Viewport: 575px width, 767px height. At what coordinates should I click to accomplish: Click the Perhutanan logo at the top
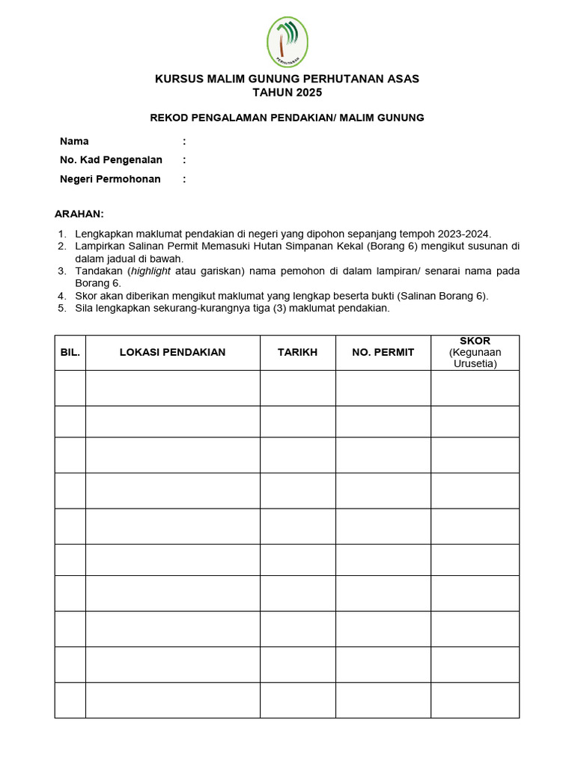pyautogui.click(x=287, y=41)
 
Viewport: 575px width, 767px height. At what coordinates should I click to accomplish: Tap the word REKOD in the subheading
pyautogui.click(x=168, y=118)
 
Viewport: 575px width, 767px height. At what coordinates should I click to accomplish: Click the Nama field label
pyautogui.click(x=74, y=142)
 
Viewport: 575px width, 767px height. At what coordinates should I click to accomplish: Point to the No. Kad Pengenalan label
pyautogui.click(x=111, y=160)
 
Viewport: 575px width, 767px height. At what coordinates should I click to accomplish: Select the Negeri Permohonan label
pyautogui.click(x=110, y=179)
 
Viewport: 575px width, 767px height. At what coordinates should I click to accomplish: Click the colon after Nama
pyautogui.click(x=184, y=142)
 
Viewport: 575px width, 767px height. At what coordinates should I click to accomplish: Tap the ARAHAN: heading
pyautogui.click(x=79, y=214)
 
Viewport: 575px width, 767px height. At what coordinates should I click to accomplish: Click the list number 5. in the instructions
pyautogui.click(x=62, y=308)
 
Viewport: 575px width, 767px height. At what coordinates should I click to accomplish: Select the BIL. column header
pyautogui.click(x=70, y=353)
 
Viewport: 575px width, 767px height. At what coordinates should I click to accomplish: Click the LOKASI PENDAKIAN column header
pyautogui.click(x=172, y=353)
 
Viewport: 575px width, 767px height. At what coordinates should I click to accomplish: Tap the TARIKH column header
pyautogui.click(x=297, y=353)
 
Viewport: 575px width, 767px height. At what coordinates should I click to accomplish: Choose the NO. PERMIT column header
pyautogui.click(x=383, y=353)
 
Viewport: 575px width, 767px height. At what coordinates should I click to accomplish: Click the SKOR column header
pyautogui.click(x=475, y=342)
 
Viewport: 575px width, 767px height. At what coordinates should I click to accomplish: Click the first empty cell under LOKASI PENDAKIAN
pyautogui.click(x=172, y=388)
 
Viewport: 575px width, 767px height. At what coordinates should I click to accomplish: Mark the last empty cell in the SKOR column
pyautogui.click(x=475, y=700)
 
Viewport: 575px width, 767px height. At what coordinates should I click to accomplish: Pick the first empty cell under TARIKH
pyautogui.click(x=297, y=388)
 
